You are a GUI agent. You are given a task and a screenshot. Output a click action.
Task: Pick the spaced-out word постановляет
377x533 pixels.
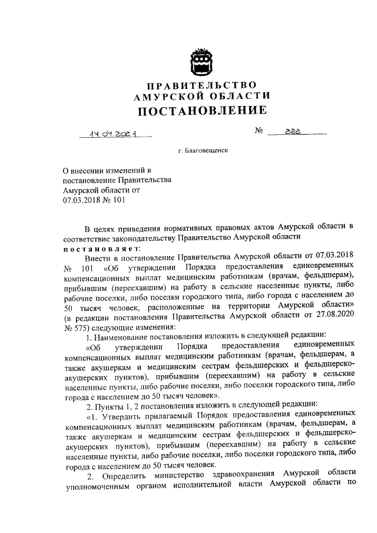click(x=98, y=249)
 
